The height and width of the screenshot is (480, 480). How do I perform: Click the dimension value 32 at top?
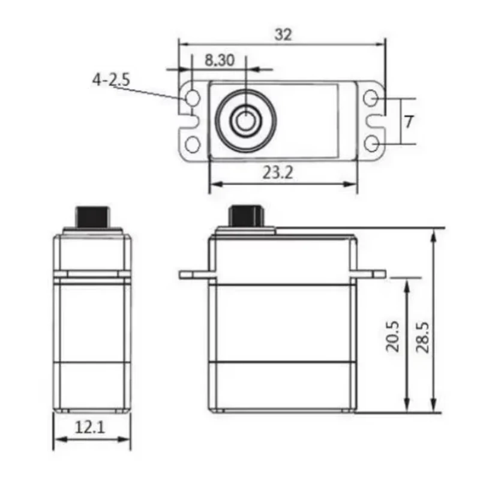click(x=283, y=35)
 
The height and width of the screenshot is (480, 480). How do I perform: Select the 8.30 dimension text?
click(x=219, y=60)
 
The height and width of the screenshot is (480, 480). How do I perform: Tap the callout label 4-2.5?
click(x=111, y=80)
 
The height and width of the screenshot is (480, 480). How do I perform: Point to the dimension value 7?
click(x=409, y=122)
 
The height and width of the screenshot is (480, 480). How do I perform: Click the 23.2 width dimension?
click(x=278, y=173)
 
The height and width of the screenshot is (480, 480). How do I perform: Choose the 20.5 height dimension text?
click(x=393, y=336)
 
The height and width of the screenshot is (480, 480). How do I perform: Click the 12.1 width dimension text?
click(x=91, y=427)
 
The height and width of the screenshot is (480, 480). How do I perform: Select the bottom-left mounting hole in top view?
click(x=192, y=144)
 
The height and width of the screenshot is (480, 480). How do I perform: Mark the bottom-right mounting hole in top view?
click(x=372, y=144)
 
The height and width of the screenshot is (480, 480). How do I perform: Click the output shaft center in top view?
click(x=244, y=121)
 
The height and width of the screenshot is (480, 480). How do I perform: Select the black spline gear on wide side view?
click(x=246, y=215)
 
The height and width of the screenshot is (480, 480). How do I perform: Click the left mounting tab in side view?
click(x=195, y=275)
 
